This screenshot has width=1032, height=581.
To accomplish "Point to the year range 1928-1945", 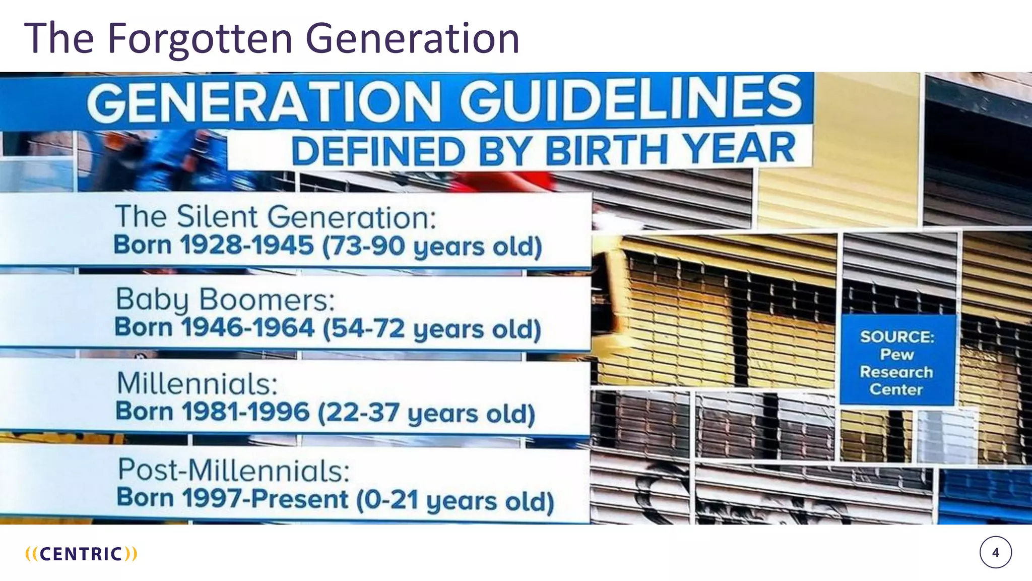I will coord(247,246).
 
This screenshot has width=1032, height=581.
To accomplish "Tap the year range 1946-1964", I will coord(247,328).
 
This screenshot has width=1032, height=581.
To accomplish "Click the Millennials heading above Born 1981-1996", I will coord(197,384).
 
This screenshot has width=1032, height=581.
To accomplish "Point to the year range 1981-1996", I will coord(245,412).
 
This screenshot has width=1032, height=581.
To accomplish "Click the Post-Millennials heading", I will coord(233,470).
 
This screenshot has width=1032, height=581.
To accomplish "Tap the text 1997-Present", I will coord(265,498).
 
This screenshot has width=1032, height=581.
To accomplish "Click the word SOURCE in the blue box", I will coord(897,336).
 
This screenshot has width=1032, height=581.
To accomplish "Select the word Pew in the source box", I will coord(896,355).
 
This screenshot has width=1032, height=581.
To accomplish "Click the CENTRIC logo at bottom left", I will coord(81,554).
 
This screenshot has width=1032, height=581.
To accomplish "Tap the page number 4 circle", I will coord(995,553).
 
